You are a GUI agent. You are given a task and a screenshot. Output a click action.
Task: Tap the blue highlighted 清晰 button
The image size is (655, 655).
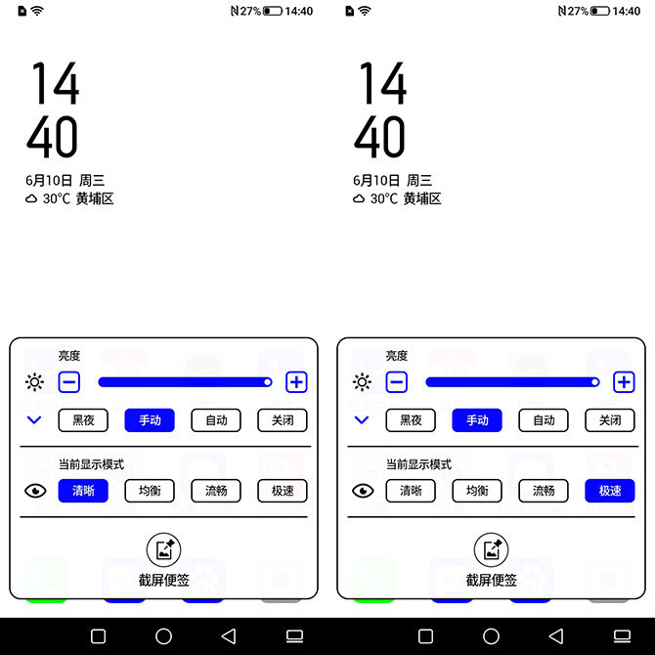click(x=83, y=491)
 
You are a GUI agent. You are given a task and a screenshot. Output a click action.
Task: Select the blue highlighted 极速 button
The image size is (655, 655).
click(x=610, y=491)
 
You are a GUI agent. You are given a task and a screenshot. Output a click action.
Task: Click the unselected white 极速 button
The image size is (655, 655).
click(x=283, y=491)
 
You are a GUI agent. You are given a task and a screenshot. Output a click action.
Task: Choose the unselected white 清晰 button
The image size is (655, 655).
click(x=411, y=491)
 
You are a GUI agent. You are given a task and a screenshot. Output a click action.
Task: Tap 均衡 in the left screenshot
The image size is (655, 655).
click(x=150, y=491)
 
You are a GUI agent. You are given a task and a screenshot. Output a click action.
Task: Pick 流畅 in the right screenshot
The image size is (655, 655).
click(x=544, y=491)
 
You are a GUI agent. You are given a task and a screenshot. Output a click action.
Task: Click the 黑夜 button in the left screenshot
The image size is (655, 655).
click(x=83, y=419)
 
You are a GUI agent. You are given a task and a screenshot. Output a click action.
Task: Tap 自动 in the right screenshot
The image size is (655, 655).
click(x=544, y=419)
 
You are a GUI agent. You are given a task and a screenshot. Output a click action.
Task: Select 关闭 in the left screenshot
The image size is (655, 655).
click(x=283, y=419)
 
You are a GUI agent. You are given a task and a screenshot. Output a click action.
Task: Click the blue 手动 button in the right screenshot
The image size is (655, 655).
click(x=477, y=419)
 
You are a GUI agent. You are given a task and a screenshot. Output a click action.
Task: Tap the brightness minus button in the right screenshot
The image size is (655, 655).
click(x=397, y=382)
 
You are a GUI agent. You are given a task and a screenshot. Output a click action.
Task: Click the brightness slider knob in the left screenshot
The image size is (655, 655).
click(x=267, y=382)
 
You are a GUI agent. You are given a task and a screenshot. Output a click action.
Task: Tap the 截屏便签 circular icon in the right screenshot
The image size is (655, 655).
click(x=491, y=549)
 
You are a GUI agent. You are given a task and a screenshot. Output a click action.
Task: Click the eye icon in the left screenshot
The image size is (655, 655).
click(x=35, y=491)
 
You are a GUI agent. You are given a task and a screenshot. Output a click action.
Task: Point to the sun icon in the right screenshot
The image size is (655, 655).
click(x=362, y=382)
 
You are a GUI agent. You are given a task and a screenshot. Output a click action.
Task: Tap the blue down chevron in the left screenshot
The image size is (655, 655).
click(x=34, y=419)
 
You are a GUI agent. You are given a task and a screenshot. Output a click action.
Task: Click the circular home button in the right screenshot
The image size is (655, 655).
click(x=491, y=636)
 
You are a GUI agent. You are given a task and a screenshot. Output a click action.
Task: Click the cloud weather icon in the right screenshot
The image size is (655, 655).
click(x=359, y=198)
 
